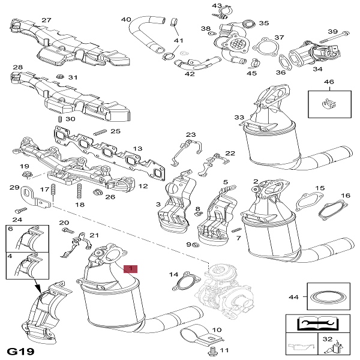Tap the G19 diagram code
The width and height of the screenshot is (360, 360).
point(20,350)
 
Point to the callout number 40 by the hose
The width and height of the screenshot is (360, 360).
point(126,20)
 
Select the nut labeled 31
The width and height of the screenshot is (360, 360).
point(61,77)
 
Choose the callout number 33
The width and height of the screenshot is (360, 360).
point(239,117)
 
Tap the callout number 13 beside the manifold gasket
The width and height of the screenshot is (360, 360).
point(137,149)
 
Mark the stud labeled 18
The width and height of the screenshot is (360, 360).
point(79,193)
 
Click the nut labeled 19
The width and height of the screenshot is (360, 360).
point(27,175)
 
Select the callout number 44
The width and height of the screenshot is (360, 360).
point(293,297)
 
